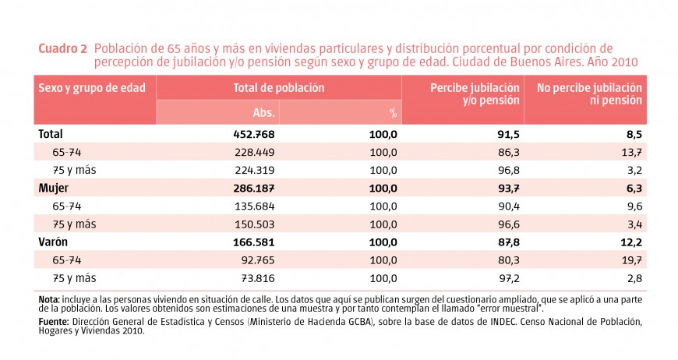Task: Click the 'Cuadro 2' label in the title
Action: pos(62,48)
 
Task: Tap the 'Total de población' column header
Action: pos(278,88)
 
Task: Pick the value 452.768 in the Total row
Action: pos(254,134)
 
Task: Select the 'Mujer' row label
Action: pos(52,188)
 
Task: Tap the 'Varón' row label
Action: pos(53,242)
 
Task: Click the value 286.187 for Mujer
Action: pos(254,188)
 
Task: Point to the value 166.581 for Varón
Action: pos(254,242)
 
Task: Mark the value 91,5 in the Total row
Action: pos(507,134)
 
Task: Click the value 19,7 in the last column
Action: pos(630,259)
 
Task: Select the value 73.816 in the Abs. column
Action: pos(255,277)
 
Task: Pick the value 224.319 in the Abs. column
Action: pos(255,170)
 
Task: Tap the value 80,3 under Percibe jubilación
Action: pos(507,259)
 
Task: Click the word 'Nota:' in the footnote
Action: pos(48,298)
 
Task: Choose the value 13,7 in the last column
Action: pos(630,152)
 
